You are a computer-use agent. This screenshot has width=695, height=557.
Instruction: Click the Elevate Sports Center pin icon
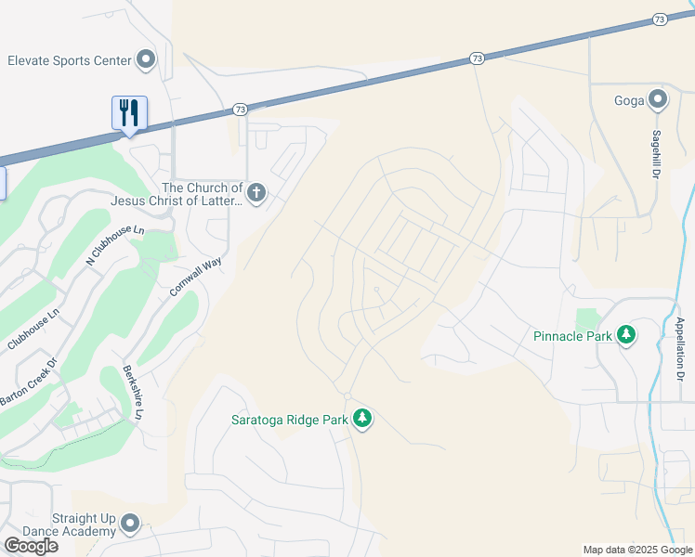coord(146,60)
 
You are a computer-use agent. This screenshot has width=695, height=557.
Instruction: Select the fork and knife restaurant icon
coord(129,113)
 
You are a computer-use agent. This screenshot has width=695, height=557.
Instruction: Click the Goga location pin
coord(659,100)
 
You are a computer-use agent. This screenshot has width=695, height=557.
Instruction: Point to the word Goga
coord(629,100)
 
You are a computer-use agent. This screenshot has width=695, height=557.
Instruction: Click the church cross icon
coord(256,194)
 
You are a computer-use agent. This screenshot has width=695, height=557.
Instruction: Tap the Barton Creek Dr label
coord(29,383)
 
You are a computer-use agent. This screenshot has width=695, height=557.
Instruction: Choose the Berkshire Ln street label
coord(131,393)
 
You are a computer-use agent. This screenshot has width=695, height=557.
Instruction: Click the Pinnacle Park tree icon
coord(626,335)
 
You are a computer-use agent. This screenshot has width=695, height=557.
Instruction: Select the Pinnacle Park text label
coord(572,336)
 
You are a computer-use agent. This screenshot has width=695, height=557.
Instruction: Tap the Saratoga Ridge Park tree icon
coord(362,420)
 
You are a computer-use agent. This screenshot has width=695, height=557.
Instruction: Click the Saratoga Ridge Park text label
coord(289,420)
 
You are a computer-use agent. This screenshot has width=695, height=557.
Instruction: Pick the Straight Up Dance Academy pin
coord(130,525)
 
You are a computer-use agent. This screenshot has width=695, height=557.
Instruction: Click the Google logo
coord(31,546)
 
